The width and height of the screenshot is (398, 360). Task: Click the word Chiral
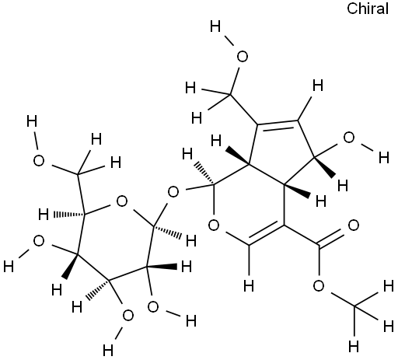point(368,9)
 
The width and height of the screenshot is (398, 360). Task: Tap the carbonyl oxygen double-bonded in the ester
point(354,225)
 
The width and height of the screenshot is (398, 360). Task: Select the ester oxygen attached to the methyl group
point(319,286)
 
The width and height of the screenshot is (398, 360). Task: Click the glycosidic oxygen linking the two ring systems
point(173,192)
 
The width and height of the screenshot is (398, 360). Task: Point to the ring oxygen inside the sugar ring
point(122,201)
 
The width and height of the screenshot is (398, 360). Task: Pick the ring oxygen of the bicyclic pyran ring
point(214,225)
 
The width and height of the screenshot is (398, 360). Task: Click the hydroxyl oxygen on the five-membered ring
point(349,138)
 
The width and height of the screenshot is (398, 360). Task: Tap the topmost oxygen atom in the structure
point(243,57)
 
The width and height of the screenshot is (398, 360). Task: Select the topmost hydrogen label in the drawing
point(215,26)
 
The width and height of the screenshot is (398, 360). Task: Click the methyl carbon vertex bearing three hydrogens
point(354,306)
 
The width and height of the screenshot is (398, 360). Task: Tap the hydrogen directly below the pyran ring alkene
point(249,286)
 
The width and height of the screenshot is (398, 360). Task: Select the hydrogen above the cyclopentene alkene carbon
point(318,86)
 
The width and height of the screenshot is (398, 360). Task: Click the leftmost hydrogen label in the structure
point(9,267)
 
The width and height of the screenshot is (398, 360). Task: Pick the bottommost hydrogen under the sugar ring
point(108,351)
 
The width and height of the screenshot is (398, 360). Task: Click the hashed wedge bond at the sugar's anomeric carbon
point(168,231)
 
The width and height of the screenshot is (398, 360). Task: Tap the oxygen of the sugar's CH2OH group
point(39,161)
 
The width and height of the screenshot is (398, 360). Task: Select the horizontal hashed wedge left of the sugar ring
point(69,215)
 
